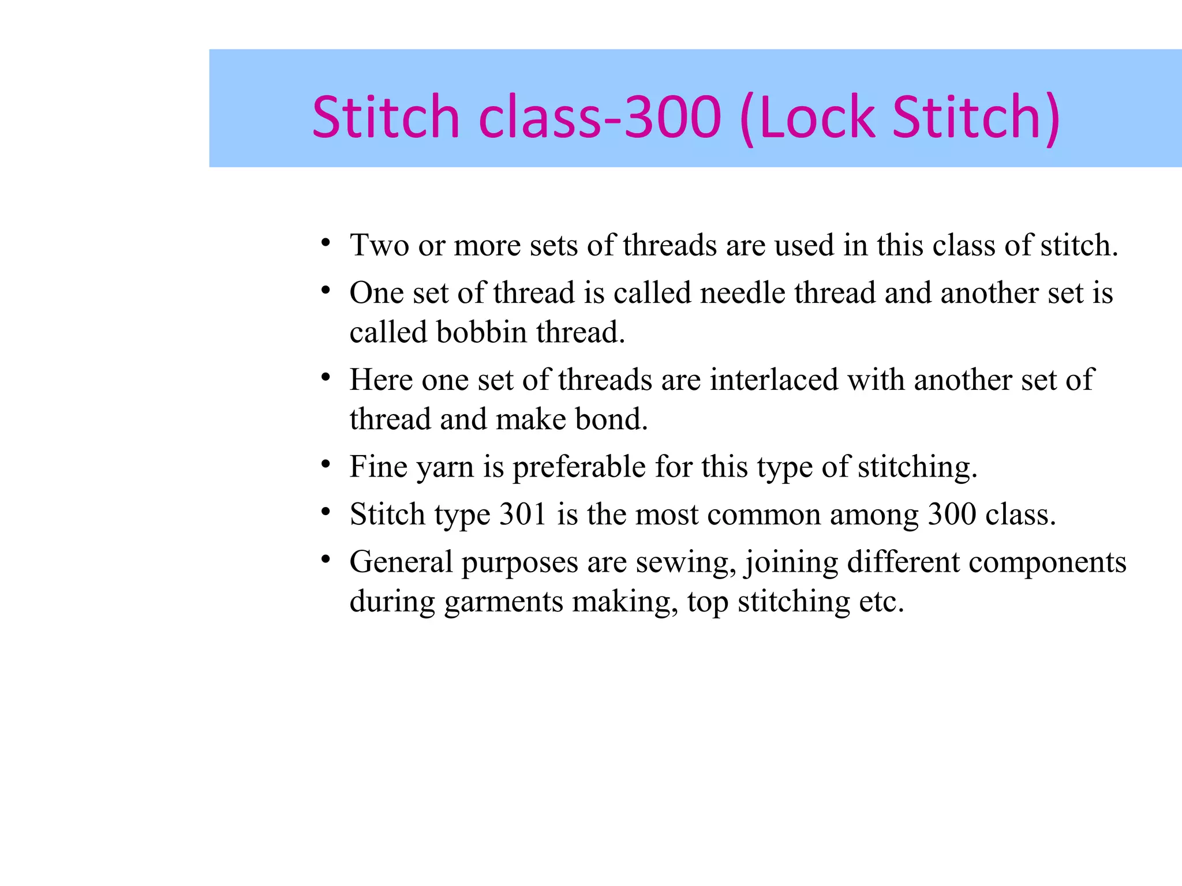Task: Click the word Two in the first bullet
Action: (x=379, y=245)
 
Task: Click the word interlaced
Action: (x=773, y=380)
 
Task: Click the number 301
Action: (x=523, y=515)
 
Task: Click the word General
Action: (x=401, y=562)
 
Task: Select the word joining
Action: (x=791, y=563)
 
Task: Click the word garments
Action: (x=503, y=602)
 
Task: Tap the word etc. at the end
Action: (x=881, y=602)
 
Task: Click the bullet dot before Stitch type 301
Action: (x=326, y=511)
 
